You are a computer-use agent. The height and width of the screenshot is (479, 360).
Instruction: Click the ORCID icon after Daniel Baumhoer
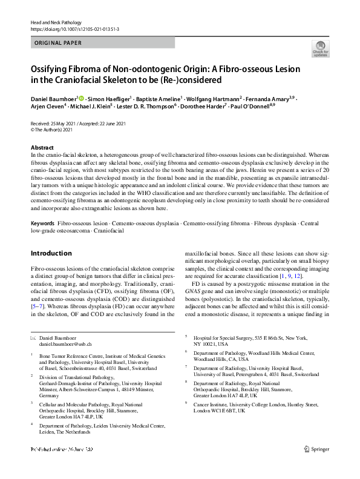82,98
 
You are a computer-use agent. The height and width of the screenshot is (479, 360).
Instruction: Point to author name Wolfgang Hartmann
215,99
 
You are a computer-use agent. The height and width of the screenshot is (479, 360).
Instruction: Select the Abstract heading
42,148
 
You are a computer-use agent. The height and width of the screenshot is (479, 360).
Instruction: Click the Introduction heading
51,253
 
